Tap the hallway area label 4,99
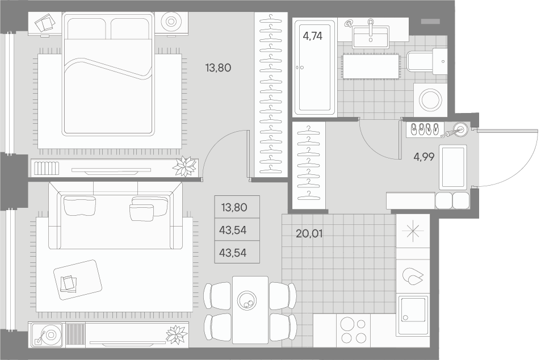coord(424,157)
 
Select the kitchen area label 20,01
coord(309,232)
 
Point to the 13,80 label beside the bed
coord(218,68)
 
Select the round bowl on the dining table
coord(248,300)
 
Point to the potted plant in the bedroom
coord(184,166)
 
